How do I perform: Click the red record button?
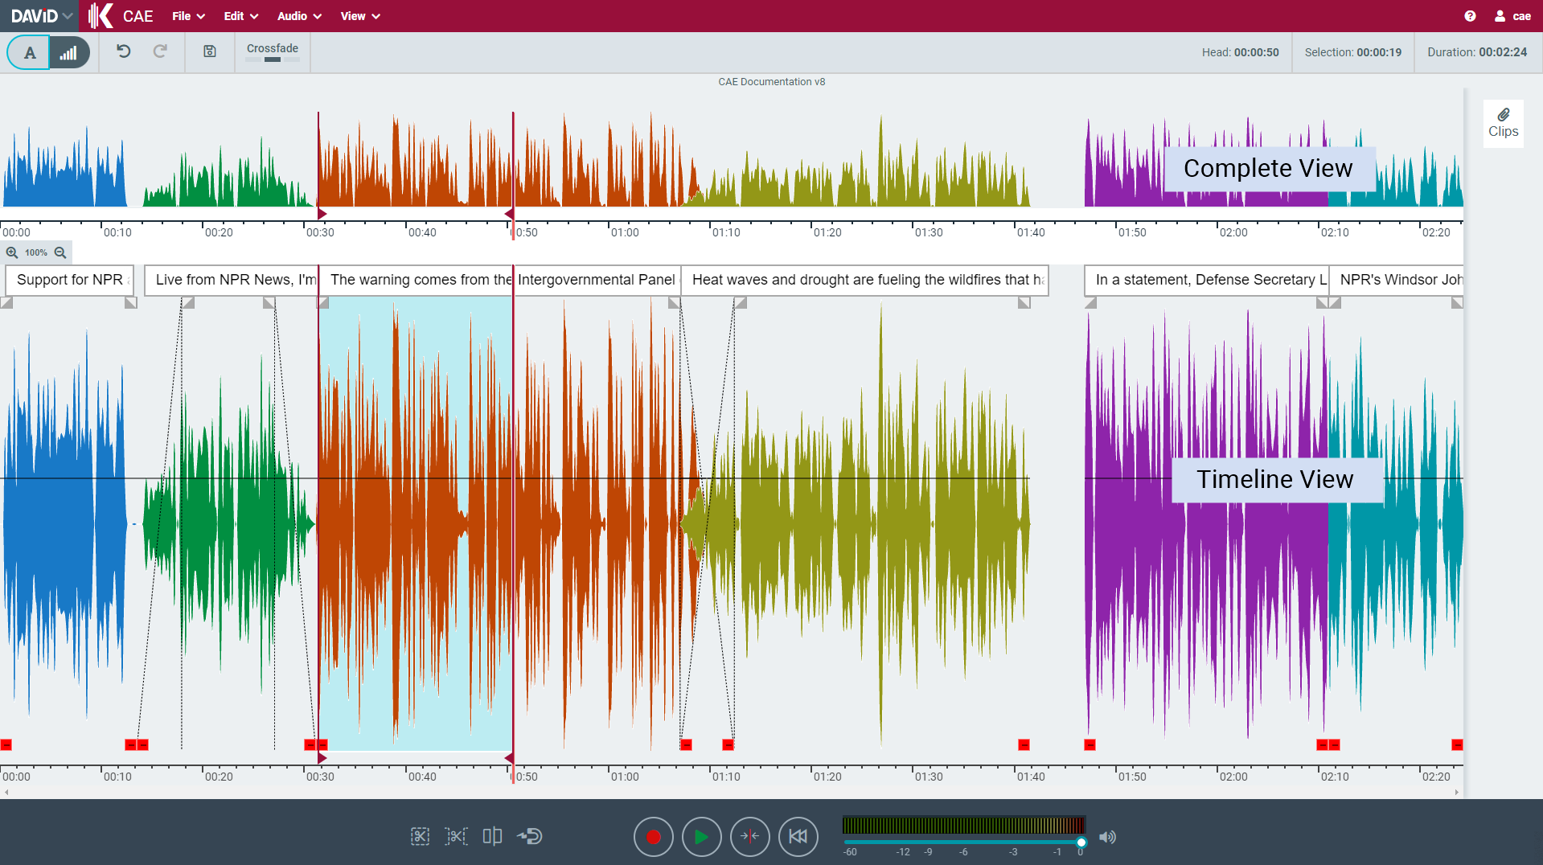pos(653,837)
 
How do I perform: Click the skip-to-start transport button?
pos(798,837)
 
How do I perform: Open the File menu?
pos(188,16)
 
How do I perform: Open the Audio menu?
pos(299,16)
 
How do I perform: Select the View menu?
pos(359,16)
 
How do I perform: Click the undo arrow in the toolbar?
pos(123,51)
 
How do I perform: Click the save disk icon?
pos(210,51)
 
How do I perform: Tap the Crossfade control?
pos(273,51)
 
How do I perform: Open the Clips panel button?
pos(1503,123)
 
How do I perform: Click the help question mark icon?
pos(1470,16)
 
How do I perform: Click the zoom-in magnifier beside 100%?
pos(12,252)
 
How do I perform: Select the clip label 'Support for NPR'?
pos(70,280)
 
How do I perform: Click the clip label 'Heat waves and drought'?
pos(864,280)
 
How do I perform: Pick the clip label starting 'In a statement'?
pos(1206,280)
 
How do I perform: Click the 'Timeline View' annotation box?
pos(1275,479)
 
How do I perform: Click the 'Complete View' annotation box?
pos(1268,168)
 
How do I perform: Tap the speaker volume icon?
pos(1107,837)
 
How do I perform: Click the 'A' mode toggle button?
pos(30,53)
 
